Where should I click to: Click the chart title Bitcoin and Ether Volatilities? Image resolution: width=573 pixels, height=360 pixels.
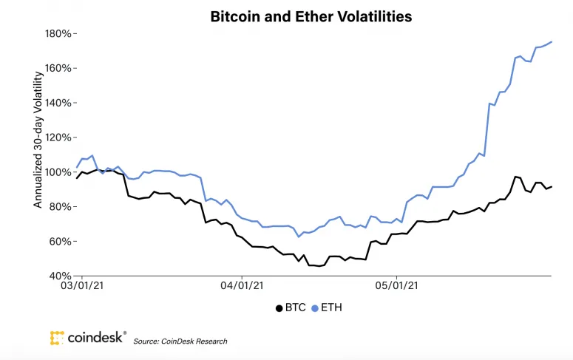pos(311,15)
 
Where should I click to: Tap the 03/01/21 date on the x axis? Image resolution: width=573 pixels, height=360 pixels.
pos(82,283)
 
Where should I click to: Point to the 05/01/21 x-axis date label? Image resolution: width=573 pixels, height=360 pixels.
pos(398,283)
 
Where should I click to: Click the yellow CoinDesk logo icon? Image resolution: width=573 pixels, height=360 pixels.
pos(57,339)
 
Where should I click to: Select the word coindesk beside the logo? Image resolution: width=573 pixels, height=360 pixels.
pos(97,339)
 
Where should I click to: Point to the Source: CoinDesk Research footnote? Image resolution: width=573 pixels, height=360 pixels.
pos(180,342)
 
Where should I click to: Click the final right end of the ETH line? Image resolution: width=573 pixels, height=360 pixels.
pos(552,41)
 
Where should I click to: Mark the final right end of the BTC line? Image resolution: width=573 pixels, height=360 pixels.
pos(552,186)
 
